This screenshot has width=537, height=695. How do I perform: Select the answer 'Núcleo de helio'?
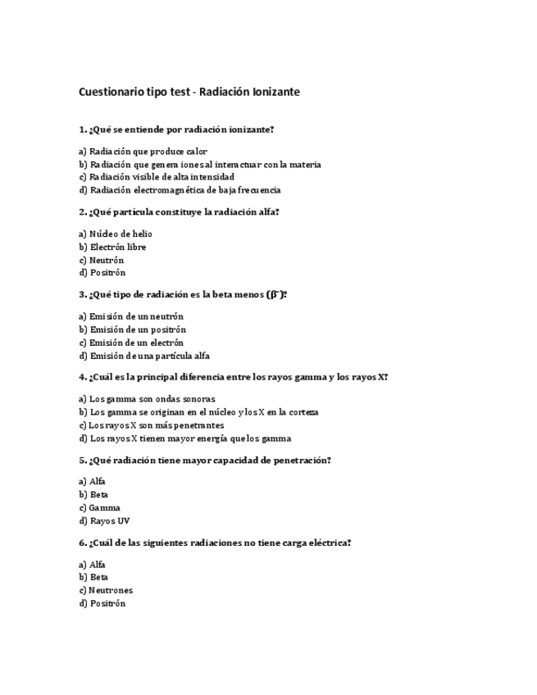point(121,234)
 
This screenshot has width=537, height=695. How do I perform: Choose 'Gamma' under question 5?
point(104,507)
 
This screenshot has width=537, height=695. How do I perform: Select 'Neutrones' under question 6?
point(111,590)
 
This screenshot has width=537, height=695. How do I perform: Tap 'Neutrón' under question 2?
point(107,260)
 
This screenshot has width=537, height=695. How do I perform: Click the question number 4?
point(82,377)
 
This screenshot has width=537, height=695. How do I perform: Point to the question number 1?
point(82,129)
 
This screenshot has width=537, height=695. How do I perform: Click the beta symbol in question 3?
point(274,294)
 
